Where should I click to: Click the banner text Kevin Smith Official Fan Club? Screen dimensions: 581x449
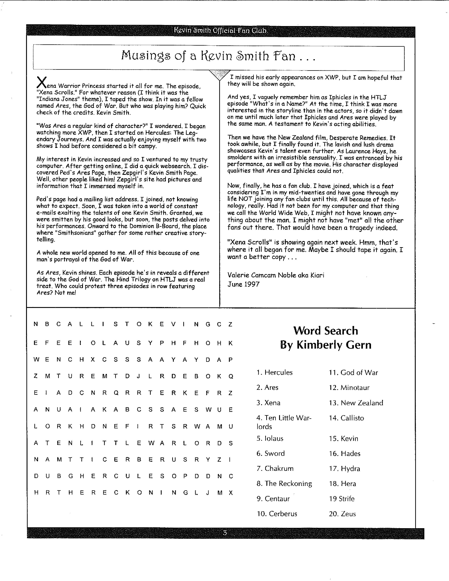point(220,31)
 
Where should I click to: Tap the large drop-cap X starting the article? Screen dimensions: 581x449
point(42,82)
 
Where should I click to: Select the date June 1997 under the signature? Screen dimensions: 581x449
point(243,284)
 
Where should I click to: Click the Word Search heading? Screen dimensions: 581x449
point(326,331)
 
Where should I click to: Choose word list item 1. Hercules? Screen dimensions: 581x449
point(275,372)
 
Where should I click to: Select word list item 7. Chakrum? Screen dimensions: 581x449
point(275,468)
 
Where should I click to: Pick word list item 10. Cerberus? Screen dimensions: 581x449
point(277,514)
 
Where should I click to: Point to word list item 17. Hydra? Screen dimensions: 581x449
point(344,469)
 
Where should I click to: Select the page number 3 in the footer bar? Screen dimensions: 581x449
point(225,533)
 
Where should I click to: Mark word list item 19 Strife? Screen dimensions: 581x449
point(342,499)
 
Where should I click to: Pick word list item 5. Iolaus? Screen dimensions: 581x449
point(270,438)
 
